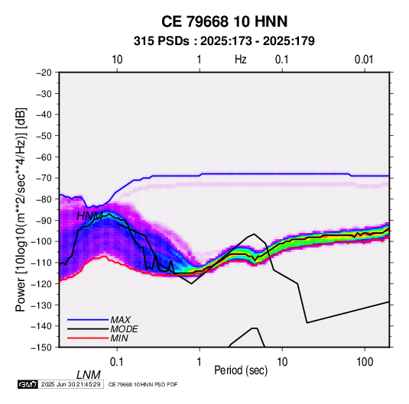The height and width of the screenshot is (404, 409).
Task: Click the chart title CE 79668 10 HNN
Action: [x=224, y=21]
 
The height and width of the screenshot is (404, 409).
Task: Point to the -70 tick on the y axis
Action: [x=44, y=178]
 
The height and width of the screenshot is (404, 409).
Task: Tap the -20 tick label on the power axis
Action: [x=44, y=73]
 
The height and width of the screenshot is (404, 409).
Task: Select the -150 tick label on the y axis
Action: [x=41, y=347]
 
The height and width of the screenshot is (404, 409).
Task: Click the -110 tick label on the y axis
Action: [x=41, y=263]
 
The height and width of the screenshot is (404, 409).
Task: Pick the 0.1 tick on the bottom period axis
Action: [x=117, y=362]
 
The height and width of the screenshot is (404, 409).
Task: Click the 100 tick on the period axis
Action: [x=365, y=362]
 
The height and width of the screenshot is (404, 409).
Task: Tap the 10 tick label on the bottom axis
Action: [x=282, y=362]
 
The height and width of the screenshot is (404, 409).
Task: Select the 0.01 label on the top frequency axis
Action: [x=364, y=60]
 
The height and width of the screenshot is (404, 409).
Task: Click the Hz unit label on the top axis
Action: [x=241, y=60]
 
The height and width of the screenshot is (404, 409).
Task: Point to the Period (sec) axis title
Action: [x=241, y=370]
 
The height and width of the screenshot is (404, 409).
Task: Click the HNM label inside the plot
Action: [x=89, y=216]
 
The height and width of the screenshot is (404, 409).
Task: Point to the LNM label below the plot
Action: [x=89, y=375]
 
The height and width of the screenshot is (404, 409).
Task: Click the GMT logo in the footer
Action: [x=28, y=384]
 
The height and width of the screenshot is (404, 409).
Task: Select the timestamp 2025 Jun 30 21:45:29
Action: [x=71, y=384]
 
